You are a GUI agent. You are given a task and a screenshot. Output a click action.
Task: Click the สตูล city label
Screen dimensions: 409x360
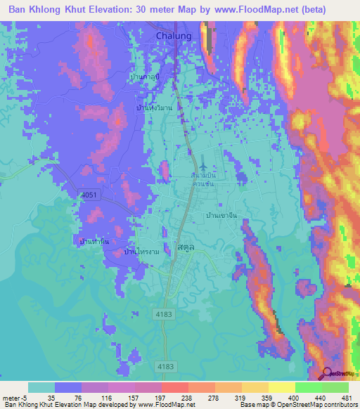pyautogui.click(x=185, y=249)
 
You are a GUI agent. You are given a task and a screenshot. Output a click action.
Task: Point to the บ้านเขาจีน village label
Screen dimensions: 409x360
pyautogui.click(x=219, y=216)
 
